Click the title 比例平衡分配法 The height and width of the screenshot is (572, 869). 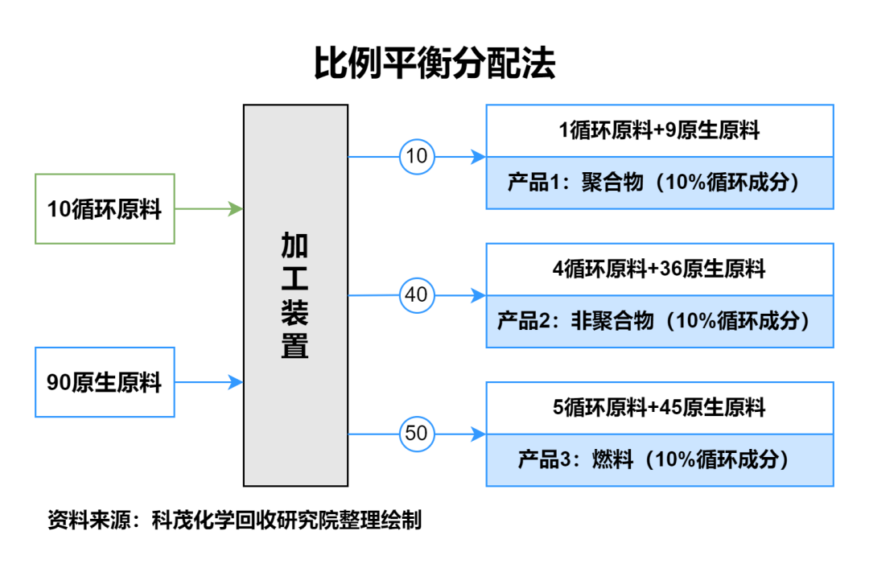click(434, 62)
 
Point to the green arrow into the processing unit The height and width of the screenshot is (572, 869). click(209, 209)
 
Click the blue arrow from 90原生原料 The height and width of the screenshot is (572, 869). click(209, 382)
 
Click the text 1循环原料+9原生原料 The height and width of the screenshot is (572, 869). click(659, 131)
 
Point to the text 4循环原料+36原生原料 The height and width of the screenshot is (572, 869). click(659, 270)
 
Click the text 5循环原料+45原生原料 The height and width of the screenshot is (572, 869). click(659, 408)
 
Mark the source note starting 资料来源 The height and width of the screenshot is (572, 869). click(234, 520)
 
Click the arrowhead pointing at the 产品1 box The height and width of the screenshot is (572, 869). click(479, 157)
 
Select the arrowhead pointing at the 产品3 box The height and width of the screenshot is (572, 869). click(479, 434)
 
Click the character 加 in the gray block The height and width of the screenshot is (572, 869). click(294, 245)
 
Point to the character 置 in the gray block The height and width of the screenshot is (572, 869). click(294, 345)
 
